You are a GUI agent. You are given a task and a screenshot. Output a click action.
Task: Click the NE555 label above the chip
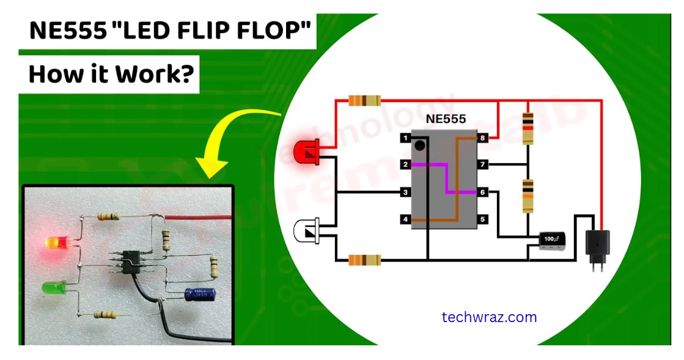point(445,119)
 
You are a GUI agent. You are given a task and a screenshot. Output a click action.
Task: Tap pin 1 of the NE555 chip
point(405,139)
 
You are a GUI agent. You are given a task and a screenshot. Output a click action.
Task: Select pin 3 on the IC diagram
point(405,193)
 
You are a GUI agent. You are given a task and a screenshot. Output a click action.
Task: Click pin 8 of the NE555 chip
point(482,139)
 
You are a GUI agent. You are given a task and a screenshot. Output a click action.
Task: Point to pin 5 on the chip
point(482,219)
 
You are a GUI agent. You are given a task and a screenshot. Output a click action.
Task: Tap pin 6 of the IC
point(482,193)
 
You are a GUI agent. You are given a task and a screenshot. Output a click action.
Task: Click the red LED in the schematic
point(306,152)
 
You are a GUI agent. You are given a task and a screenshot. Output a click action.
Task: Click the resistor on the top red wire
point(364,101)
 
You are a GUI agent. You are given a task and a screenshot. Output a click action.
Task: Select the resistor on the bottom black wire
point(364,260)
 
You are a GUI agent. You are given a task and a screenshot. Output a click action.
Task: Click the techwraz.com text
point(489,317)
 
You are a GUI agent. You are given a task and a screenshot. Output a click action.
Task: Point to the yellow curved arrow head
point(210,167)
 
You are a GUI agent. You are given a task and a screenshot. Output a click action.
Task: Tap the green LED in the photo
point(55,287)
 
